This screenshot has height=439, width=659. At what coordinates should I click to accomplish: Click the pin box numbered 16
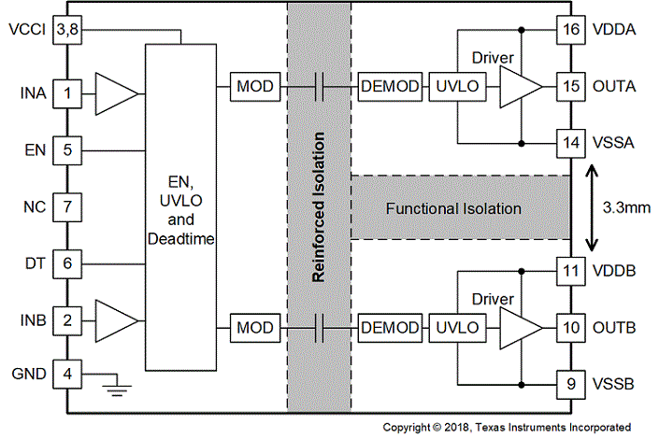pos(571,29)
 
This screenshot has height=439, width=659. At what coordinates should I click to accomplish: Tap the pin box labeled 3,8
pos(67,29)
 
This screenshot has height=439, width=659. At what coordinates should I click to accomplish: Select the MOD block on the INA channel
pos(255,87)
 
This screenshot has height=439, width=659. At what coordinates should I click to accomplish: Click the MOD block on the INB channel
pos(255,328)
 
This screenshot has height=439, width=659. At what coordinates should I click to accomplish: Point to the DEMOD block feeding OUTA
pos(390,87)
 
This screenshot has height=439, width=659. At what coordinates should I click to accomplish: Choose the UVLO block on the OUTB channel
pos(457,328)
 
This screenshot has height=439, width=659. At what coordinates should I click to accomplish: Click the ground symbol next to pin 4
pos(117,385)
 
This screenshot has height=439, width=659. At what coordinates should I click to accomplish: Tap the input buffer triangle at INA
pos(117,93)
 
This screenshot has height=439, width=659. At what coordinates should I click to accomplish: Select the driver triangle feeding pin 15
pos(522,87)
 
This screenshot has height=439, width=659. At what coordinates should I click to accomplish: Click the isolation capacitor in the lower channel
pos(320,328)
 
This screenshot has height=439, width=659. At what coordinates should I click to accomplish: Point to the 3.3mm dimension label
pos(626,207)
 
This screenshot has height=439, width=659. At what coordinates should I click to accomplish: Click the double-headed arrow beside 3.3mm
pos(592,207)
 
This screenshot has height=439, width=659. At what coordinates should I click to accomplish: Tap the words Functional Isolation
pos(453,209)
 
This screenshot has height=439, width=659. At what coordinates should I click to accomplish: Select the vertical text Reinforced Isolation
pos(319,207)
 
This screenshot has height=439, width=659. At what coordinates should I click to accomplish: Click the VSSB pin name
pos(613,384)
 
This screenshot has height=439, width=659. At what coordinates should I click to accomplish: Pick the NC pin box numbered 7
pos(67,207)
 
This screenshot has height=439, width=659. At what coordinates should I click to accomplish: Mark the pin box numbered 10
pos(571,328)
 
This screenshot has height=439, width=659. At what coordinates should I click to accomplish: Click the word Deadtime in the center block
pos(180,239)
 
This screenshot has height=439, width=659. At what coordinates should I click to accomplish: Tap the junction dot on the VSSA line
pos(522,143)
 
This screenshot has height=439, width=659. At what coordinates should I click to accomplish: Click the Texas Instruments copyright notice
pos(507,428)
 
